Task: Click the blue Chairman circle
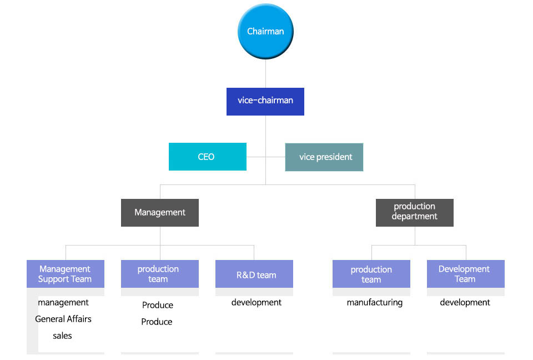coord(265,31)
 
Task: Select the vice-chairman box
coord(265,102)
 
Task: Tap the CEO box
coord(207,157)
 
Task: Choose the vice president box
coord(324,157)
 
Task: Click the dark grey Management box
coord(160,213)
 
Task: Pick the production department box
coord(414,213)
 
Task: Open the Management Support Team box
coord(66,274)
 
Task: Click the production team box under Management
coord(160,274)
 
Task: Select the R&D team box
coord(254,274)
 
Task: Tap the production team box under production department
coord(371,274)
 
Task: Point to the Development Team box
coord(466,274)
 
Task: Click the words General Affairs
coord(63,319)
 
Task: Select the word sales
coord(62,336)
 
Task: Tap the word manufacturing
coord(375,302)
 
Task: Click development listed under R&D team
coord(257,302)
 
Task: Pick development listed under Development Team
coord(465,302)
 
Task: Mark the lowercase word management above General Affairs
coord(63,302)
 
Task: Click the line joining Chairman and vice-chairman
coord(265,73)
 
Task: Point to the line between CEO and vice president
coord(265,157)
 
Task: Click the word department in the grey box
coord(414,217)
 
